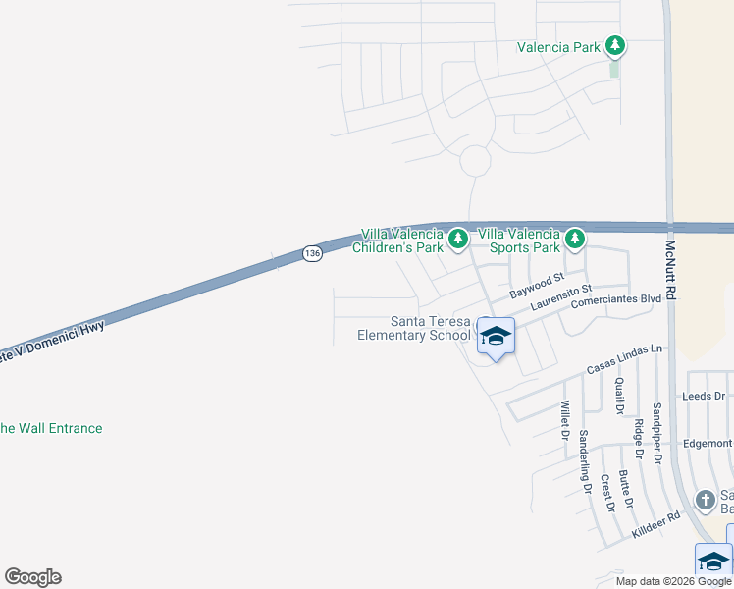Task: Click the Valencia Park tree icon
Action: (615, 45)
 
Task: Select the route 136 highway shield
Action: (311, 253)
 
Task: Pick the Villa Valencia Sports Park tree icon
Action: (575, 239)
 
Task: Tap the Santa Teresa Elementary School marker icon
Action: (496, 337)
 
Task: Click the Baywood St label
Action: (537, 288)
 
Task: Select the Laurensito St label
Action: (560, 298)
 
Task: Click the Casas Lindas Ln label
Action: (624, 358)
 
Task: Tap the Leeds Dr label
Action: (703, 397)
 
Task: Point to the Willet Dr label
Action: (564, 419)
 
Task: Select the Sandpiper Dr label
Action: (657, 432)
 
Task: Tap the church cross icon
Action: (705, 501)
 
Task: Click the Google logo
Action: (32, 577)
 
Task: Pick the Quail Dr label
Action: (619, 396)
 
